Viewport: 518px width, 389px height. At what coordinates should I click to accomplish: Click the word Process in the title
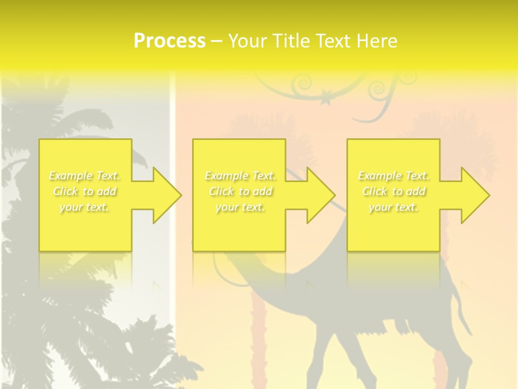pyautogui.click(x=169, y=41)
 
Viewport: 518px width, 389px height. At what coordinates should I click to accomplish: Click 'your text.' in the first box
pyautogui.click(x=85, y=207)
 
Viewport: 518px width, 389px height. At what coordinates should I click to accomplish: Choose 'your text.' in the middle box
pyautogui.click(x=240, y=207)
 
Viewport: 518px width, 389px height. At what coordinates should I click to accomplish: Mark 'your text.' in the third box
pyautogui.click(x=393, y=207)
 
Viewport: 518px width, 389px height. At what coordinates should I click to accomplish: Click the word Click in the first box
pyautogui.click(x=65, y=191)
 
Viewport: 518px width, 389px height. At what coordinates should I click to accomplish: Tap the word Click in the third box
pyautogui.click(x=374, y=191)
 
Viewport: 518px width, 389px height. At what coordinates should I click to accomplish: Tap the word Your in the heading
pyautogui.click(x=247, y=41)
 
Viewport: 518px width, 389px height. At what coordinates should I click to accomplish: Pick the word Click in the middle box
pyautogui.click(x=221, y=191)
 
